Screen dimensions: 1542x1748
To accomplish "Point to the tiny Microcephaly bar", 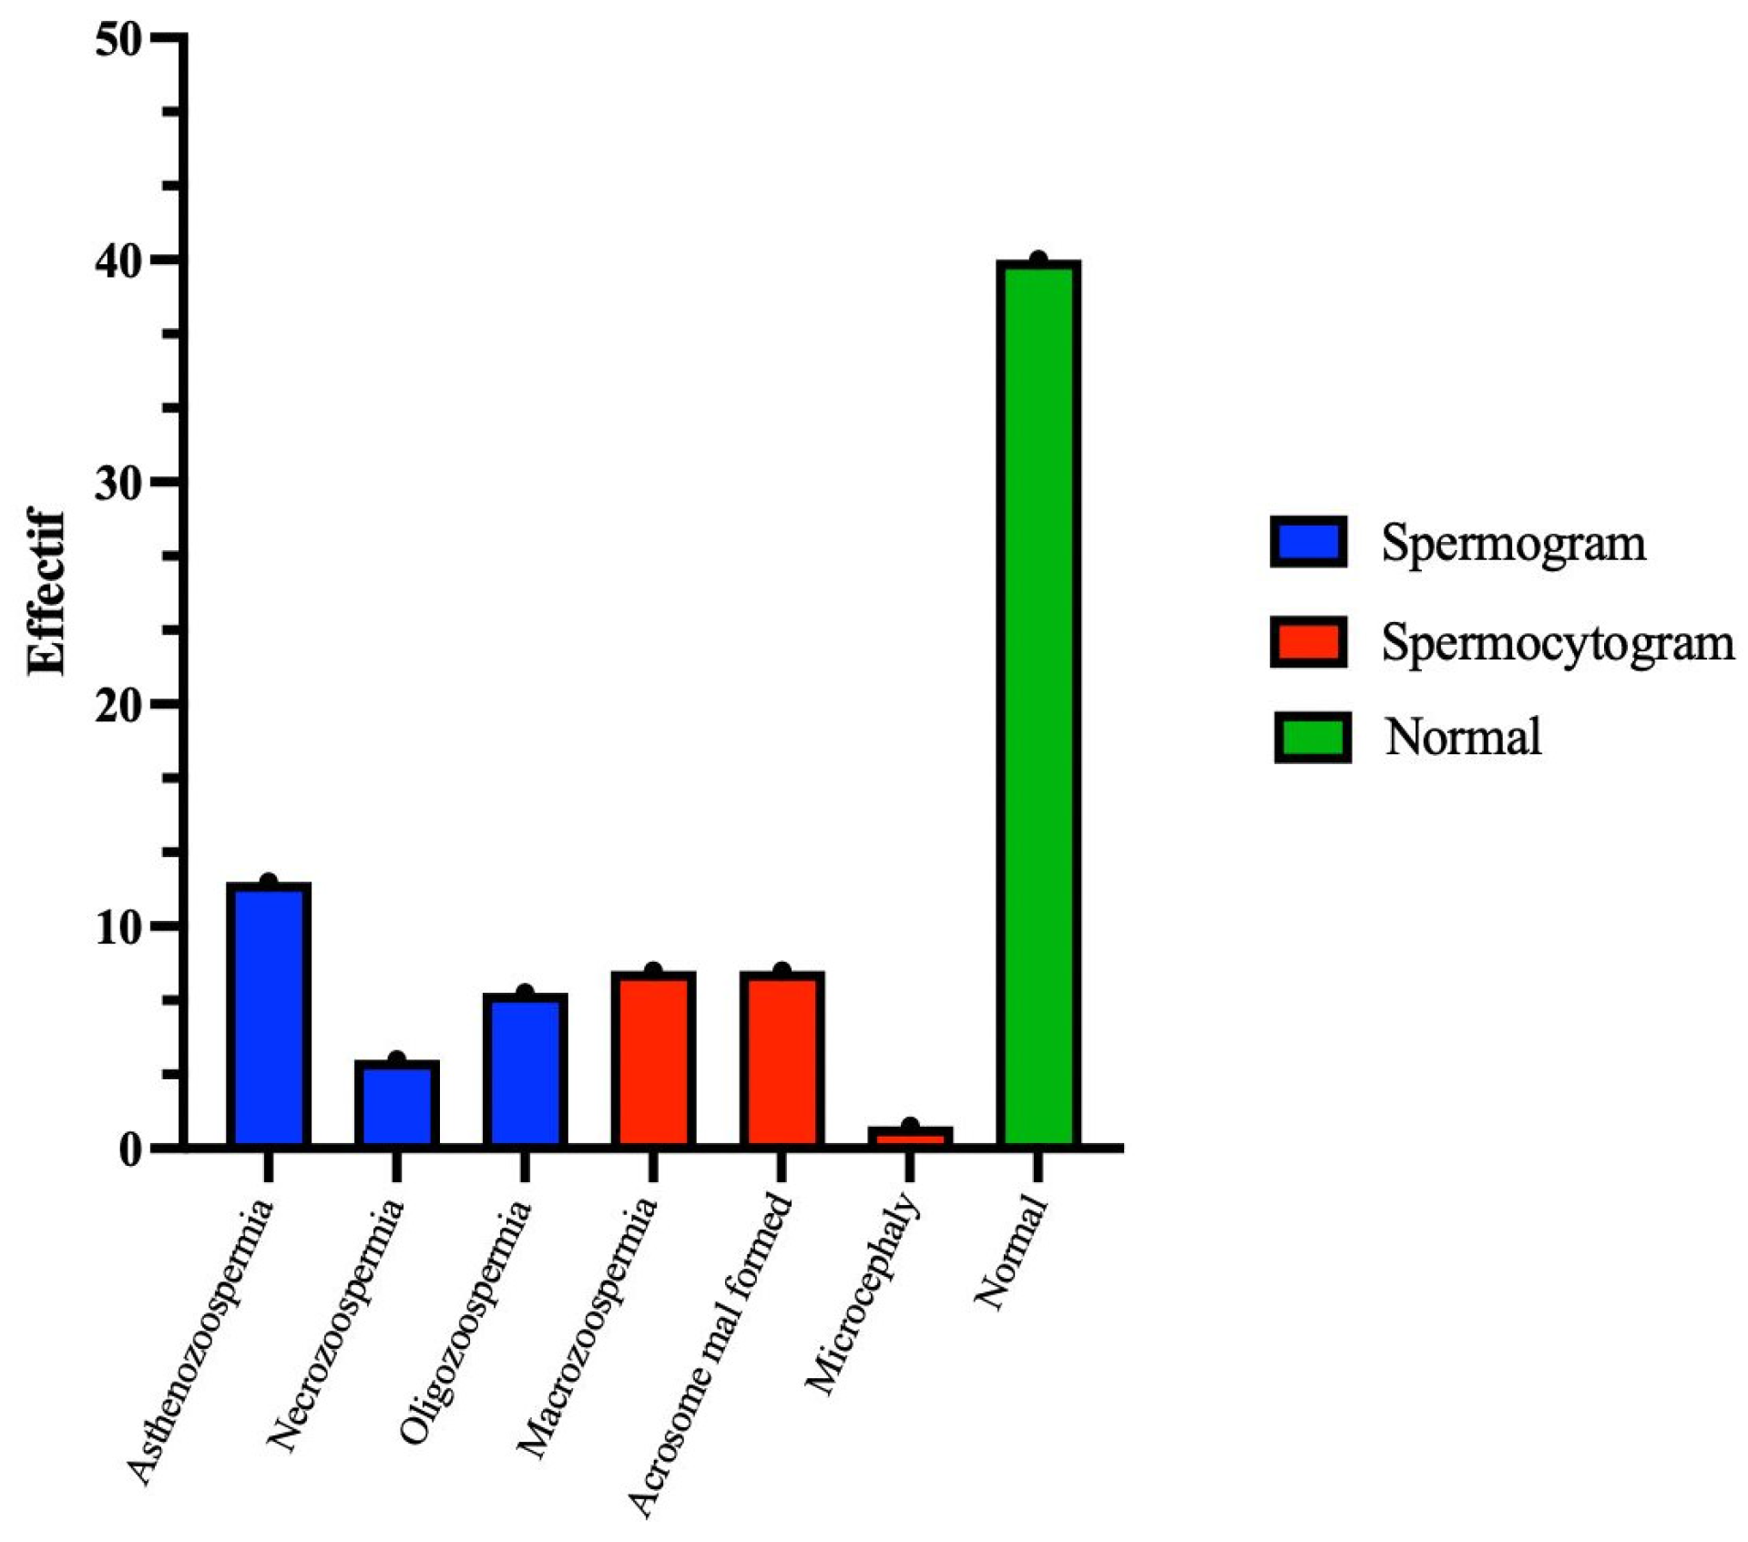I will point(909,1136).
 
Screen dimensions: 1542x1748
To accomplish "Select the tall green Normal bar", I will point(1038,701).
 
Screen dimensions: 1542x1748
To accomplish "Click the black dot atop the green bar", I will point(1038,261).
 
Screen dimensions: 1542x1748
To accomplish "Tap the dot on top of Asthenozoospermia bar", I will point(268,882).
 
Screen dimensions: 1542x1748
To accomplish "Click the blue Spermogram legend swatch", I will point(1307,542).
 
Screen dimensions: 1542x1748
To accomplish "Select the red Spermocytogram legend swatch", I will point(1307,641).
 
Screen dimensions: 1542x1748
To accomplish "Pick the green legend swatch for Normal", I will point(1311,737).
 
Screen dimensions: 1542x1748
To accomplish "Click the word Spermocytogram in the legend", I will point(1557,643).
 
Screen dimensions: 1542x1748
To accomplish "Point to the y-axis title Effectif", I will point(47,593).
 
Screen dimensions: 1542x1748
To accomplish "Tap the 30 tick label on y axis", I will point(118,482).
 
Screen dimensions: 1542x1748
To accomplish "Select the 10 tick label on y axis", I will point(118,926).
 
